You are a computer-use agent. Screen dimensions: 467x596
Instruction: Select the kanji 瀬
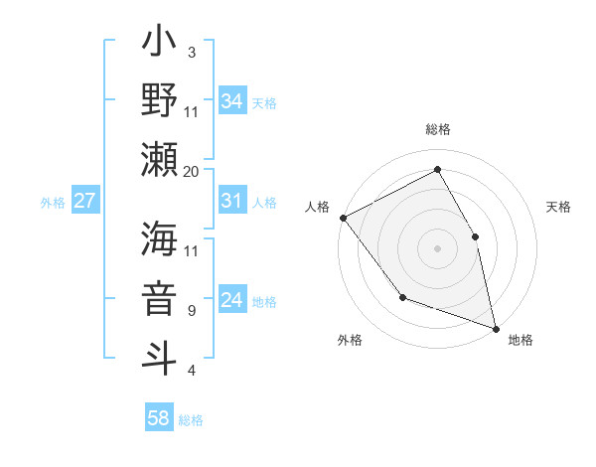tap(159, 159)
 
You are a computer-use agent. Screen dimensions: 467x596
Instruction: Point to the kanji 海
tap(159, 239)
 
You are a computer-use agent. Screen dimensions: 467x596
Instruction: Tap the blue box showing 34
tap(232, 100)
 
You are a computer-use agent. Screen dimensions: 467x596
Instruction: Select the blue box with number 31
tap(232, 202)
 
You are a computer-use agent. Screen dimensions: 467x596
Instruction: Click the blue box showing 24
tap(232, 301)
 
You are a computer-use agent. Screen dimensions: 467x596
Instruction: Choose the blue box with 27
tap(85, 202)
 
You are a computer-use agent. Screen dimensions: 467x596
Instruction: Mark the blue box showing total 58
tap(159, 419)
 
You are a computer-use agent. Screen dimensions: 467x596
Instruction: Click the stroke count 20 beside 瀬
tap(192, 171)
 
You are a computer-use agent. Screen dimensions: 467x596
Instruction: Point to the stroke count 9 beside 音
tap(192, 311)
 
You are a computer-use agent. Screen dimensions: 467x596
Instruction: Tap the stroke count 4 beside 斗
tap(192, 371)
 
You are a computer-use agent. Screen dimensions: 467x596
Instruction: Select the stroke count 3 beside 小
tap(192, 52)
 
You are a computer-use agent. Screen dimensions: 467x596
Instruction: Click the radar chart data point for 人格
tap(343, 217)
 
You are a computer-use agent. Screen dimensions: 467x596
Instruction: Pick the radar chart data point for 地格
tap(495, 327)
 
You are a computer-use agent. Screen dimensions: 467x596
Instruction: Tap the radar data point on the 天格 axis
tap(475, 236)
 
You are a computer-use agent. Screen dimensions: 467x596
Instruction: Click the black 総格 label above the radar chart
tap(438, 129)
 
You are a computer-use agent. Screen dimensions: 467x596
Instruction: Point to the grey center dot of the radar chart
tap(438, 247)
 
